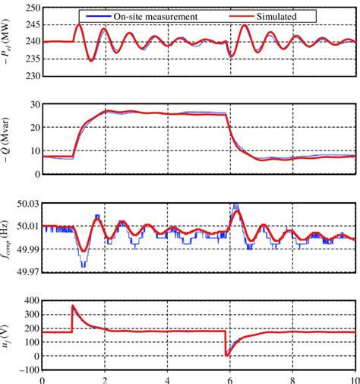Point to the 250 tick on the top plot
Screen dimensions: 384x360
point(32,8)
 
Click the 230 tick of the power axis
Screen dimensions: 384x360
point(32,75)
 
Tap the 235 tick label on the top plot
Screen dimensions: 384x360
point(32,59)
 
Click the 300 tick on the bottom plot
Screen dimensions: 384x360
point(32,314)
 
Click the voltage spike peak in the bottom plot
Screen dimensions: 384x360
point(73,306)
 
